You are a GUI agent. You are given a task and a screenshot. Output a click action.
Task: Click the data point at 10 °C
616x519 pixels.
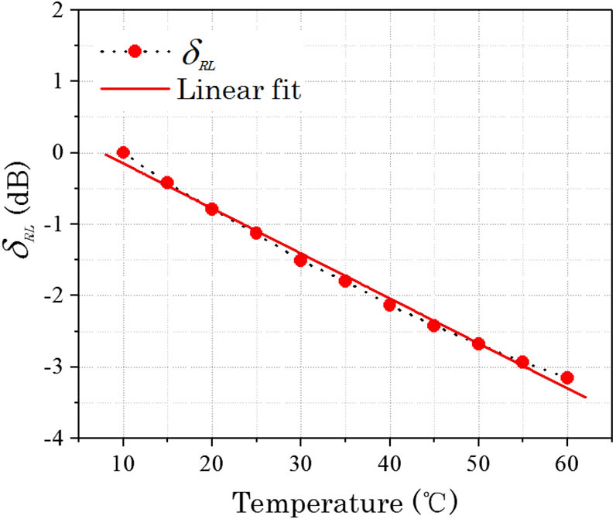(123, 152)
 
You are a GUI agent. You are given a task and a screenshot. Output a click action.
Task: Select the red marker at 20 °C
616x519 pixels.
(211, 209)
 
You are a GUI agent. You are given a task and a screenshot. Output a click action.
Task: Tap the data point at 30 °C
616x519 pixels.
(300, 260)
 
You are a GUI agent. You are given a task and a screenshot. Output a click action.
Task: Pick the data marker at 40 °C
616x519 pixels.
(389, 305)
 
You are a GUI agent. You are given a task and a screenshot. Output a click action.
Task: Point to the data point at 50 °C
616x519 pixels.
(478, 343)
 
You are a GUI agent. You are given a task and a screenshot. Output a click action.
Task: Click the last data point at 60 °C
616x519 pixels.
(567, 377)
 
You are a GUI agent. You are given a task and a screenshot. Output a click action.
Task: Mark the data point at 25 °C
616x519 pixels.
(256, 233)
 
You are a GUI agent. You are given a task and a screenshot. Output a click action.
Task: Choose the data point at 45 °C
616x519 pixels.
(433, 325)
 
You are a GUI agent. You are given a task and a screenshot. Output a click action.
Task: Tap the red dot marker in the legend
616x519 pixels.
(134, 51)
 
